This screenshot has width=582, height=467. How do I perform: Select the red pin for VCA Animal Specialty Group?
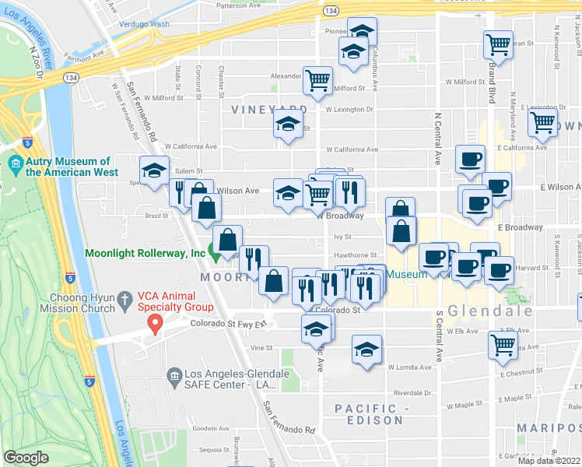[x=155, y=324]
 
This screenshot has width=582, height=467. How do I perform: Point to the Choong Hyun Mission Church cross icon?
[x=124, y=298]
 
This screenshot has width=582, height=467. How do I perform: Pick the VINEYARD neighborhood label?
[x=269, y=110]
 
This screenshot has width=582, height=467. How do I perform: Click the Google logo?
[x=26, y=458]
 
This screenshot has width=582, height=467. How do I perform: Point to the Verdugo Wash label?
[x=145, y=24]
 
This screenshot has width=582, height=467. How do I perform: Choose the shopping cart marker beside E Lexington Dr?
[x=542, y=121]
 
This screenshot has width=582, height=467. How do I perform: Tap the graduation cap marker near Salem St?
[x=155, y=171]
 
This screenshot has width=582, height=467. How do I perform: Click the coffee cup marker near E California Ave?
[x=470, y=160]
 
